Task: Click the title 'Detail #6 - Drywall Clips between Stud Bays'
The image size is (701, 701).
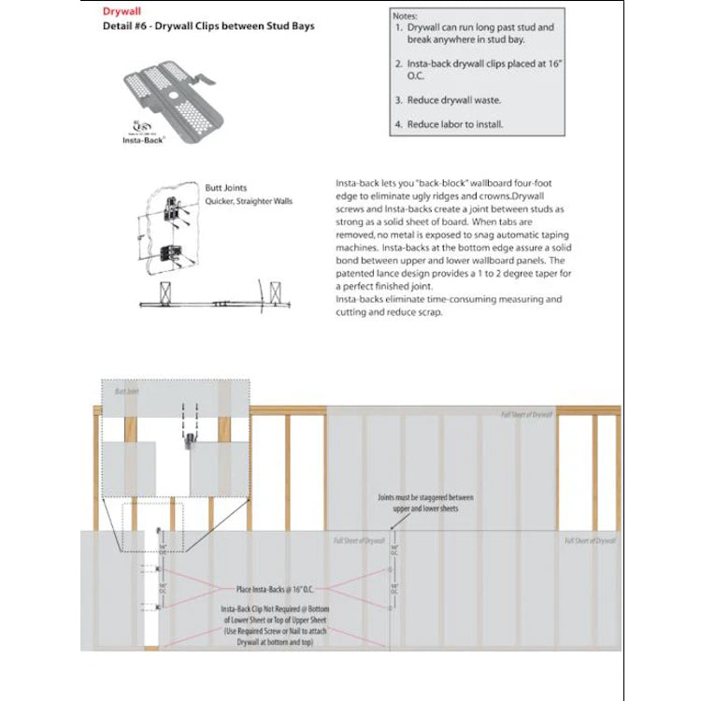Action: coord(207,26)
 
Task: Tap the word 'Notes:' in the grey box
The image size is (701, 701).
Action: coord(407,15)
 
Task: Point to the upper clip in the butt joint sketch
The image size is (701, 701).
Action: coord(173,211)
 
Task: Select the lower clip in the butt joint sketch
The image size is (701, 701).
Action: coord(173,251)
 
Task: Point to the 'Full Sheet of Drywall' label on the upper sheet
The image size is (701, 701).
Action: coord(527,414)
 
